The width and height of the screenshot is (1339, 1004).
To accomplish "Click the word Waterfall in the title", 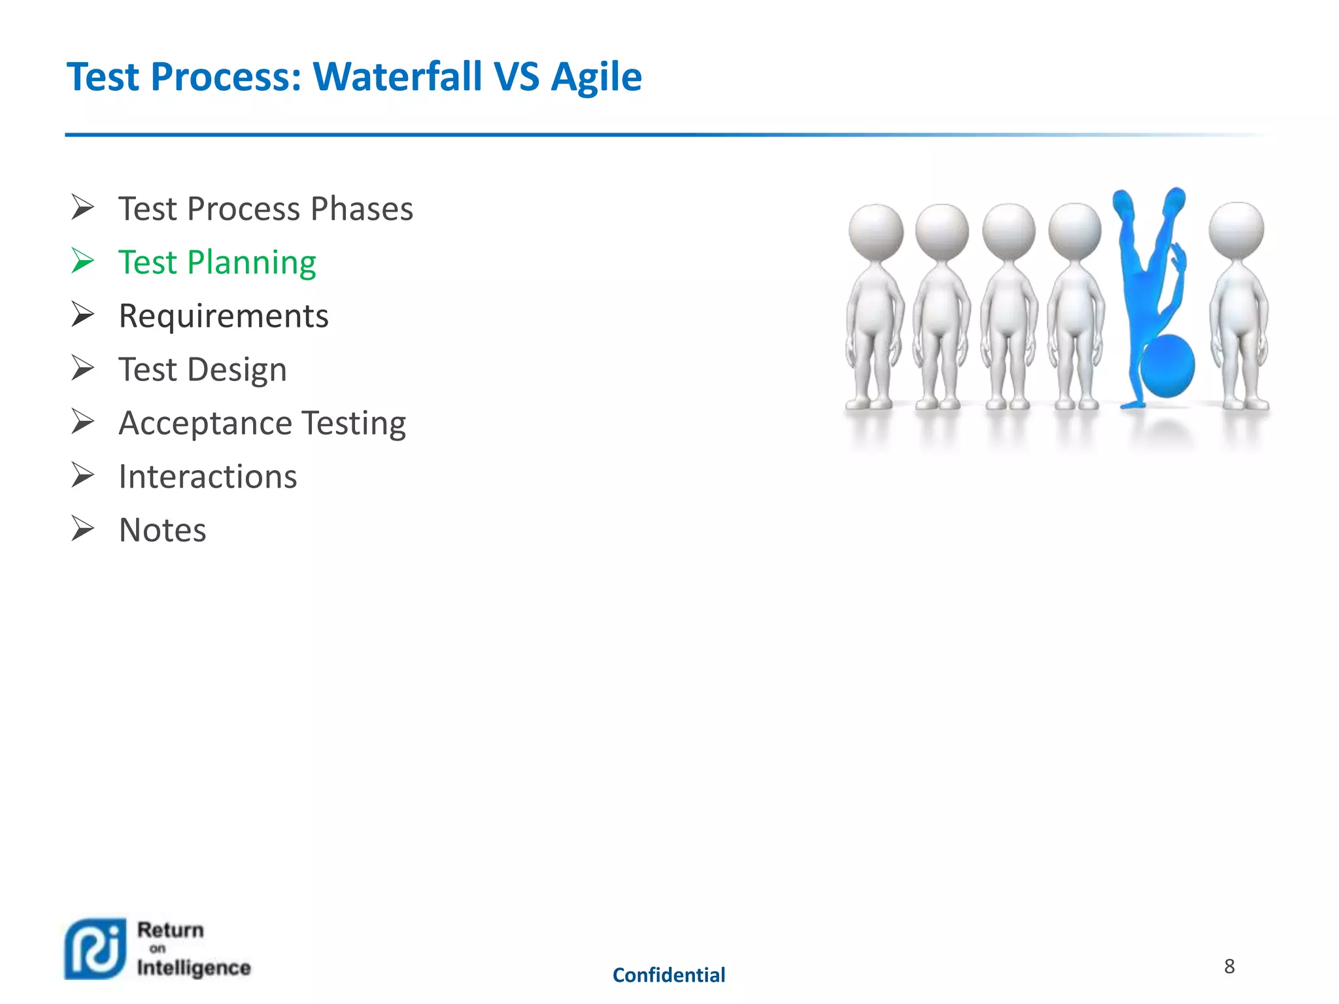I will (x=398, y=76).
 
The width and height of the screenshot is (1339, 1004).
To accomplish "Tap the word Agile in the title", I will (x=596, y=78).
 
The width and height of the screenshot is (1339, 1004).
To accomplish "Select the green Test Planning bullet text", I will (x=217, y=262).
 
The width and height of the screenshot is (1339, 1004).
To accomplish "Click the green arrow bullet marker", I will (x=83, y=261).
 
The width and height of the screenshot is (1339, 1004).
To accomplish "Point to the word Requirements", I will (x=224, y=316).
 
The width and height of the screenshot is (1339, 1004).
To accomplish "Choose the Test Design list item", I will (x=203, y=369).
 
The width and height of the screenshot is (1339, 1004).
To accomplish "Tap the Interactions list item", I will (x=208, y=477).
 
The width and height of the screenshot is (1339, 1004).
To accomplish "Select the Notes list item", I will (x=163, y=530).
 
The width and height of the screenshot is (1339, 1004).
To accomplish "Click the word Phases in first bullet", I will (x=362, y=209).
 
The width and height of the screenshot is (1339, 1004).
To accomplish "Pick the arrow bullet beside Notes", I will (x=83, y=529).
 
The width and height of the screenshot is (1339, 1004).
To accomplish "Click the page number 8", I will (x=1229, y=966).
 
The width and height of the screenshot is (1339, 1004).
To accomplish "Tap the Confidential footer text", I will (x=669, y=975).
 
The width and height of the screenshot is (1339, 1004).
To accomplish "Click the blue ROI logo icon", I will (x=95, y=949).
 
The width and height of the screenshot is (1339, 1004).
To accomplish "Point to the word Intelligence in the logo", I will (x=194, y=967).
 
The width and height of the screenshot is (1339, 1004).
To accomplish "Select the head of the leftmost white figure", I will (x=875, y=231).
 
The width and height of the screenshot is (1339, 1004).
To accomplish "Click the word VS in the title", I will (x=517, y=76).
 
